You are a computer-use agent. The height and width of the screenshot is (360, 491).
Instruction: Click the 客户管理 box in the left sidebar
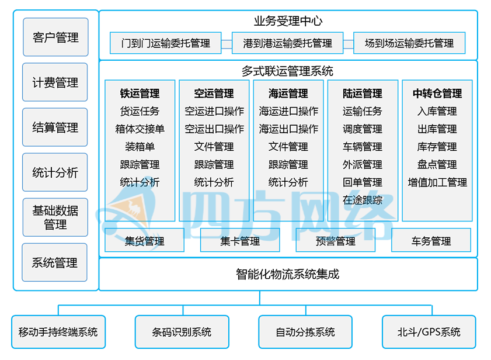(x=55, y=38)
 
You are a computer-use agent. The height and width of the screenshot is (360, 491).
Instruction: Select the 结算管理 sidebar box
(x=55, y=127)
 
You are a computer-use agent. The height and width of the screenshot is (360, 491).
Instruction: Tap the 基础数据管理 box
(x=55, y=217)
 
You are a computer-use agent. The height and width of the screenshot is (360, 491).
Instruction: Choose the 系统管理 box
(x=55, y=262)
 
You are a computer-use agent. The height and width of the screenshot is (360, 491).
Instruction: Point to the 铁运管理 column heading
(x=140, y=94)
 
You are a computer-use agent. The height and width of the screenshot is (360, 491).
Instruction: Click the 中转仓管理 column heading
(x=437, y=94)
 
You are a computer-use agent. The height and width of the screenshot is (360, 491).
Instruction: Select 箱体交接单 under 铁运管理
(x=140, y=129)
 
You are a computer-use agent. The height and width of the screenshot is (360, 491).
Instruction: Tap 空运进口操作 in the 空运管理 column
(x=214, y=111)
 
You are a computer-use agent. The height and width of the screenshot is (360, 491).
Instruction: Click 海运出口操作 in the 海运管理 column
(x=288, y=129)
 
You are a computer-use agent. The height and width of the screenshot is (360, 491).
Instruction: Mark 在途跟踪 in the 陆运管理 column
(x=363, y=200)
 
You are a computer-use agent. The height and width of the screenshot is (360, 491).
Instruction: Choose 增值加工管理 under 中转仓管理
(x=437, y=182)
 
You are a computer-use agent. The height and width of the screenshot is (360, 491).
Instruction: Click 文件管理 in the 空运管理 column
(x=214, y=147)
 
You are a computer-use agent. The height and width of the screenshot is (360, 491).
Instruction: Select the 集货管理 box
(x=144, y=241)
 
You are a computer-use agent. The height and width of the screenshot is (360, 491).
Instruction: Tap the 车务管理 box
(x=431, y=241)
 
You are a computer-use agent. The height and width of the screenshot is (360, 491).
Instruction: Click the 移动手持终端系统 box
(x=58, y=332)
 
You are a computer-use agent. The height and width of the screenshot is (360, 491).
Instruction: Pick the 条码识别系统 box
(x=182, y=332)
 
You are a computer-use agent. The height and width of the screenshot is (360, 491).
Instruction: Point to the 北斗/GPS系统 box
(x=429, y=332)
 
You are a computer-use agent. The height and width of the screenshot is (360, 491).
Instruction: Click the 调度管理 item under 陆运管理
(x=363, y=129)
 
